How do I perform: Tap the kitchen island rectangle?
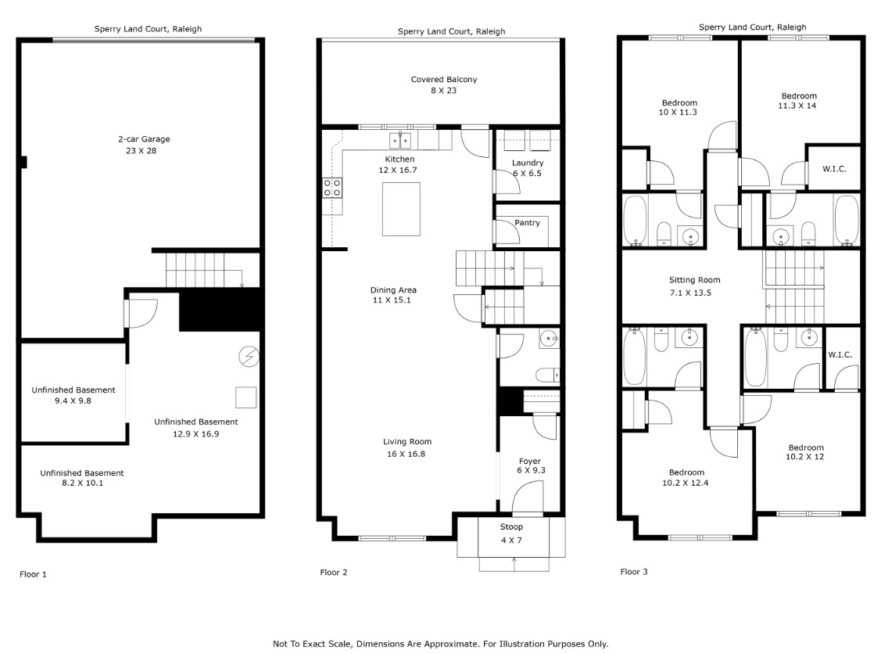(400, 209)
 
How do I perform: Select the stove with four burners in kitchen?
(331, 188)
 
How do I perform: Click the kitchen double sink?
(401, 141)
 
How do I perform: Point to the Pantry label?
(527, 223)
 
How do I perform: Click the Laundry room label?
(527, 163)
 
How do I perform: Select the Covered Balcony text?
(443, 80)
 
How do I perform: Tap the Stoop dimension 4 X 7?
(510, 541)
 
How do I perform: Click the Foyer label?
(529, 461)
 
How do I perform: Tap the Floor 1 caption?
(33, 574)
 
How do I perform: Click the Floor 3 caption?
(634, 572)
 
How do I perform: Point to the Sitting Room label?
(694, 280)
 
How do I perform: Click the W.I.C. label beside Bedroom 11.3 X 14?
(834, 169)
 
